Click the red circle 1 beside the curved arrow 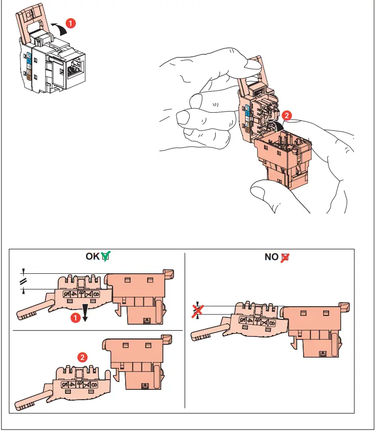[x=70, y=23]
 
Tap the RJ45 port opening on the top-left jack [x=77, y=68]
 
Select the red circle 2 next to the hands [x=288, y=116]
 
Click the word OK [x=92, y=256]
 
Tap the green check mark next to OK [x=106, y=256]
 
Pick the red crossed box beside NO [x=285, y=257]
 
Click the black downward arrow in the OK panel [x=85, y=312]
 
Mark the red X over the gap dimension [x=197, y=310]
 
